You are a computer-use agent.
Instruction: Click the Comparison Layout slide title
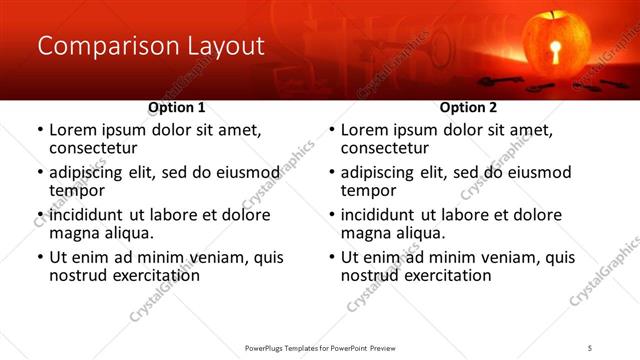click(150, 46)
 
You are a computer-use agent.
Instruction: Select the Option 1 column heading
click(176, 107)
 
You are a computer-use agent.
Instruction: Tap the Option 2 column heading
click(468, 107)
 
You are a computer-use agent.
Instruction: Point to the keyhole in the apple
click(557, 53)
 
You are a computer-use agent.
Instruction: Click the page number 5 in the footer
click(590, 347)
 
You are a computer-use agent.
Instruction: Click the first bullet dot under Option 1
click(39, 130)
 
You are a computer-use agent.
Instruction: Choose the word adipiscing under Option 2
click(382, 172)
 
